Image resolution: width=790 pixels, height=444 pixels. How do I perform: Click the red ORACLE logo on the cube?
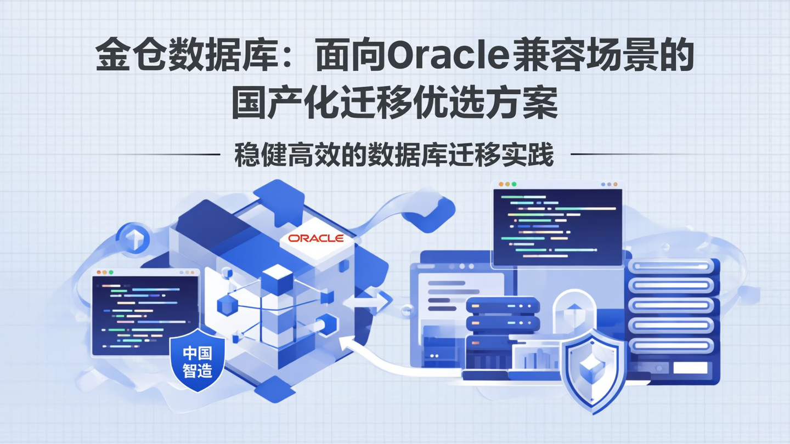click(316, 238)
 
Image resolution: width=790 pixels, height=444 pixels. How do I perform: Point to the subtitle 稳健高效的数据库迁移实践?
click(394, 155)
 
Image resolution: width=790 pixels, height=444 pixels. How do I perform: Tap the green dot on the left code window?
click(111, 272)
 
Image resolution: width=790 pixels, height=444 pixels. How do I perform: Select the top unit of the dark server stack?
click(503, 305)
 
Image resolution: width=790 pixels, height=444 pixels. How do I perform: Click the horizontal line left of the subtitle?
click(165, 155)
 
